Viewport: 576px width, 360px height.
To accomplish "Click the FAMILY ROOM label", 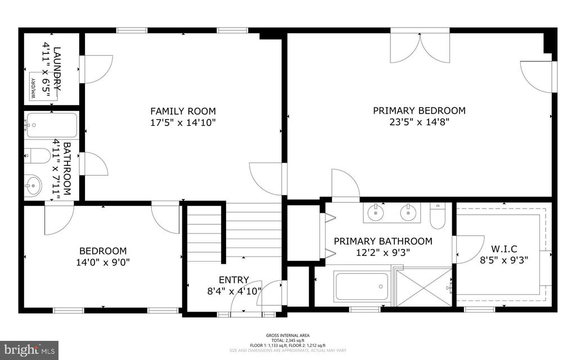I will pyautogui.click(x=183, y=111).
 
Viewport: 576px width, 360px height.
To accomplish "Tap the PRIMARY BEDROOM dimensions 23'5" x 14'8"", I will pyautogui.click(x=419, y=121).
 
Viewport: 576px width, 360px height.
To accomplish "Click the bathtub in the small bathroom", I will pyautogui.click(x=51, y=125).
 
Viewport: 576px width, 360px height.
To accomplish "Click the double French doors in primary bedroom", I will pyautogui.click(x=421, y=47).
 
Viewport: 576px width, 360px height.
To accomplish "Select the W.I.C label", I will pyautogui.click(x=504, y=249).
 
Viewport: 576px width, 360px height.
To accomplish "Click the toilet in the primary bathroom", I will pyautogui.click(x=438, y=215).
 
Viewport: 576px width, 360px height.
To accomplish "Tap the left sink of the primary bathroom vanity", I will pyautogui.click(x=375, y=212).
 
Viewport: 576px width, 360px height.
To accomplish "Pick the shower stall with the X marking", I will pyautogui.click(x=424, y=287).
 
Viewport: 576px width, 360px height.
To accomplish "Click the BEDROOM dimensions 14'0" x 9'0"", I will pyautogui.click(x=103, y=262).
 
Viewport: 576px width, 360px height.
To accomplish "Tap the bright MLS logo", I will pyautogui.click(x=29, y=349).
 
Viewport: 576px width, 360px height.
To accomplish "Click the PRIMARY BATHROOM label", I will pyautogui.click(x=383, y=241).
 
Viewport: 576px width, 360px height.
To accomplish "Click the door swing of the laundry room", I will pyautogui.click(x=97, y=69).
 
